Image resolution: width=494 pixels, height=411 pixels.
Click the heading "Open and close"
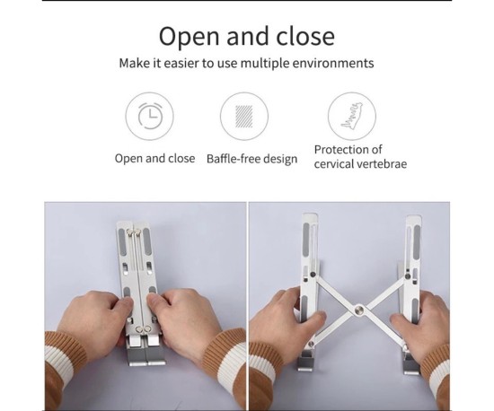click(x=247, y=37)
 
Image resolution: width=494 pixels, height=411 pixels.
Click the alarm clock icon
click(x=150, y=116)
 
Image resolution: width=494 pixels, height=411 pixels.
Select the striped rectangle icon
click(x=244, y=117)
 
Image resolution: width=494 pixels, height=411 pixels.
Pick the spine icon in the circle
click(x=351, y=116)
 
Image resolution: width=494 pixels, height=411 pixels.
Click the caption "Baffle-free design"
click(x=251, y=159)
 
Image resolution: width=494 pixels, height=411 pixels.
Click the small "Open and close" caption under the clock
click(x=154, y=158)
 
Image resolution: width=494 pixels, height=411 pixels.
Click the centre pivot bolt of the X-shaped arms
click(x=358, y=310)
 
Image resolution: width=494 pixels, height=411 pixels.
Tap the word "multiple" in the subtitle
click(x=265, y=63)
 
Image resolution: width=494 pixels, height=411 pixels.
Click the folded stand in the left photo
click(x=140, y=293)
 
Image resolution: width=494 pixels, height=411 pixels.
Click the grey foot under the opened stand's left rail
click(x=305, y=362)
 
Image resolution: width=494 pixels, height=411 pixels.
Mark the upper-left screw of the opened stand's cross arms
click(x=313, y=275)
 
